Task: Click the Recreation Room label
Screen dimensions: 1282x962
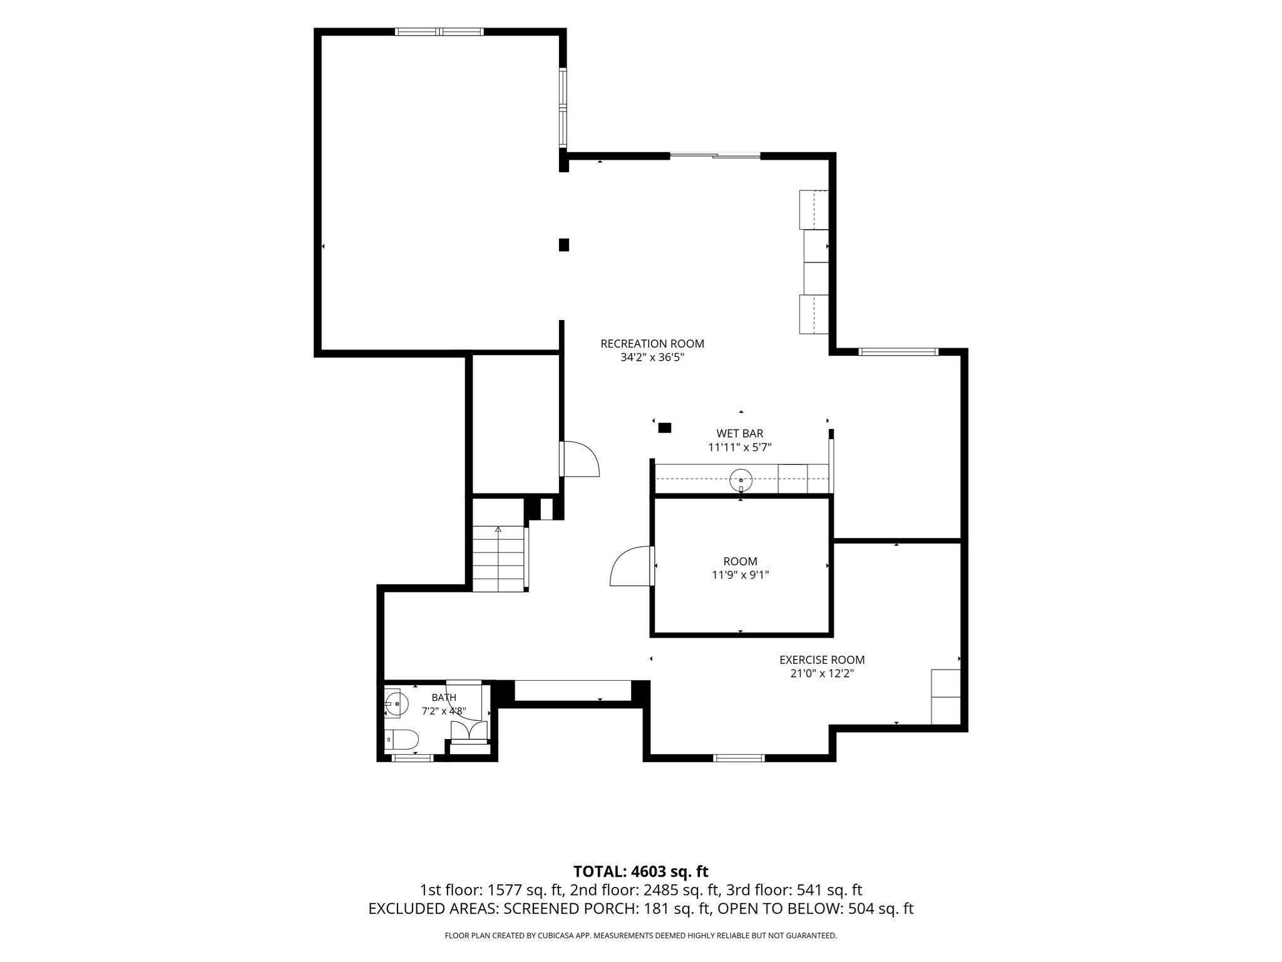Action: [652, 343]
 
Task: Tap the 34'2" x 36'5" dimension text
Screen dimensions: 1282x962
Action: [652, 358]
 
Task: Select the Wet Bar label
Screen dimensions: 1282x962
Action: [740, 433]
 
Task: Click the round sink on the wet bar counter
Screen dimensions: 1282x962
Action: [741, 480]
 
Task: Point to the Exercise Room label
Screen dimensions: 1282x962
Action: [822, 659]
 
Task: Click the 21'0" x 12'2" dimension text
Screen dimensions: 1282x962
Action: [822, 674]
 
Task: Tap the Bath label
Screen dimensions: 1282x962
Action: [444, 697]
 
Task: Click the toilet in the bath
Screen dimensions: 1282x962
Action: [401, 740]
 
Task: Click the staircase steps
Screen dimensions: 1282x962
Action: [498, 559]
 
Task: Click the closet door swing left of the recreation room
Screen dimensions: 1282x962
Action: [581, 458]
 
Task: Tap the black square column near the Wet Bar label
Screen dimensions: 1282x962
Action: [665, 428]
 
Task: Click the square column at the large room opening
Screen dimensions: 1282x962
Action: [564, 245]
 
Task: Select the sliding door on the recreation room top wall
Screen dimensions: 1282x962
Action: [715, 155]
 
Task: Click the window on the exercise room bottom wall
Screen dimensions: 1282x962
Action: [739, 758]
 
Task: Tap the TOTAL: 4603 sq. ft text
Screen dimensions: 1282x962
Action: [641, 871]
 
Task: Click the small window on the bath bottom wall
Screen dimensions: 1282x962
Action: [413, 758]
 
